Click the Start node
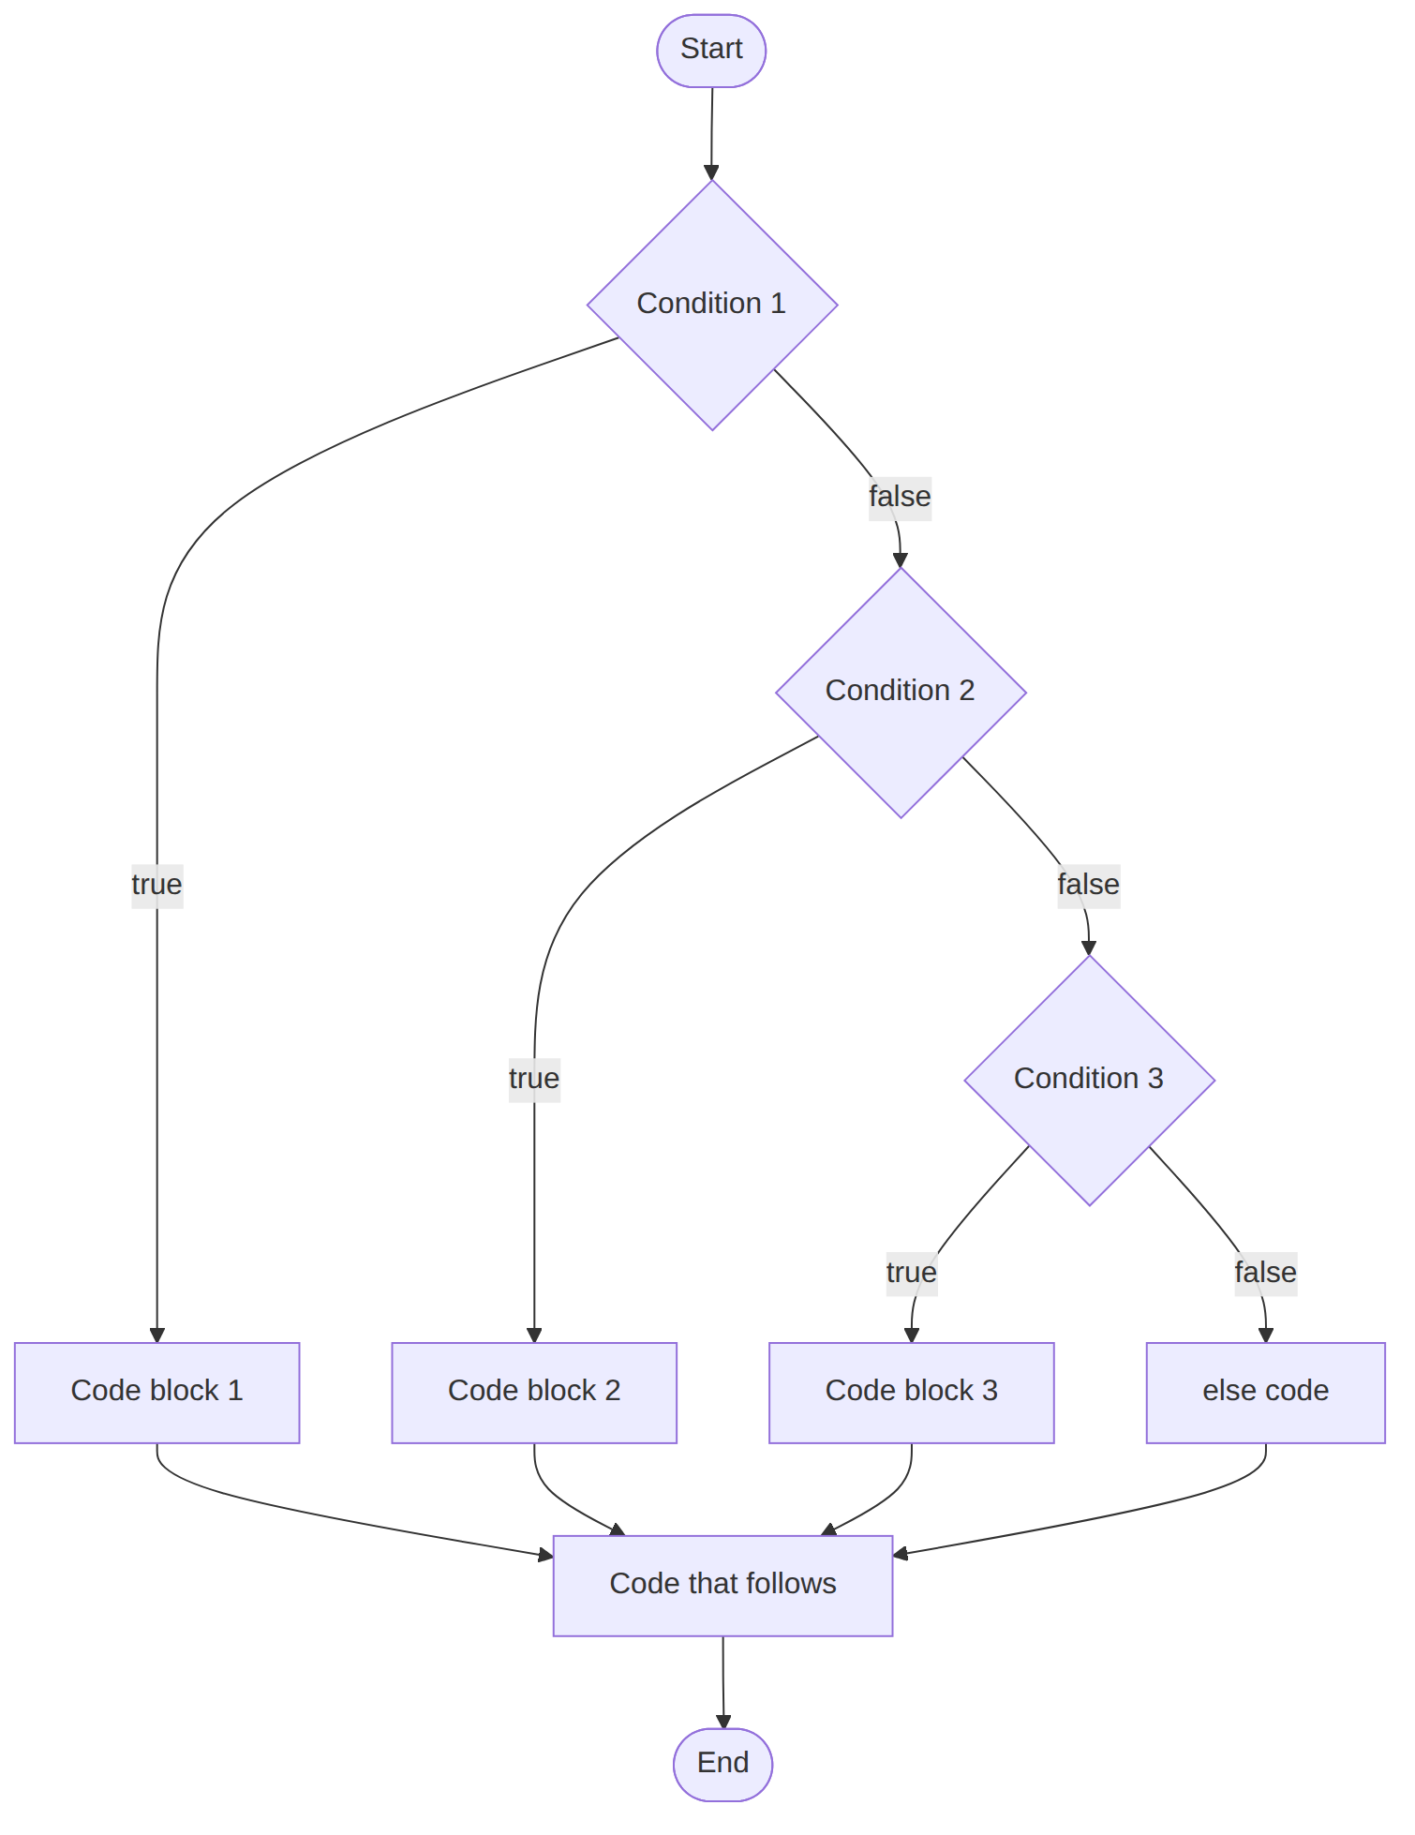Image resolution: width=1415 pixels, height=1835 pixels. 711,51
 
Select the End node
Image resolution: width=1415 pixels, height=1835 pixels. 722,1764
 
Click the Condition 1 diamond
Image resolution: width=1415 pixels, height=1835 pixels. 712,305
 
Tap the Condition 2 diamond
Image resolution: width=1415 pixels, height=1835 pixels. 901,693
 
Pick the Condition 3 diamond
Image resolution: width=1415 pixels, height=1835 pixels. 1089,1080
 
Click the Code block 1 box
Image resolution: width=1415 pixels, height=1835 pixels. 156,1393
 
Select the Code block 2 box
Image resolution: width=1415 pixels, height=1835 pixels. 534,1393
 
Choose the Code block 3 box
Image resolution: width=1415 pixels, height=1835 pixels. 911,1393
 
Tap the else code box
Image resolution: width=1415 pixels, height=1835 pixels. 1265,1393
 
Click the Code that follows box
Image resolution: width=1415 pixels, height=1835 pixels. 722,1586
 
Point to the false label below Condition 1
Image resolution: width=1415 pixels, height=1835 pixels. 900,497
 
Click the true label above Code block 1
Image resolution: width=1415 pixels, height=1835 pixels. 156,885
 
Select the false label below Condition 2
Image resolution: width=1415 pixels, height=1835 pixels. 1088,885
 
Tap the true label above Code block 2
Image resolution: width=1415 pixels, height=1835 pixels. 534,1079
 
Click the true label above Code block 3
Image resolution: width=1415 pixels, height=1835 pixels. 912,1273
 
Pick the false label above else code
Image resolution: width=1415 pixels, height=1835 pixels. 1265,1273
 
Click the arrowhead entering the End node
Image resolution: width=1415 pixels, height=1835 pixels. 723,1721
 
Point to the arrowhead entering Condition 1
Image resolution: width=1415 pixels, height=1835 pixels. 711,172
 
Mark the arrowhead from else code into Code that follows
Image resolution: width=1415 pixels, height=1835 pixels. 901,1554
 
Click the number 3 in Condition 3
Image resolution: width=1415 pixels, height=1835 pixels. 1155,1079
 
